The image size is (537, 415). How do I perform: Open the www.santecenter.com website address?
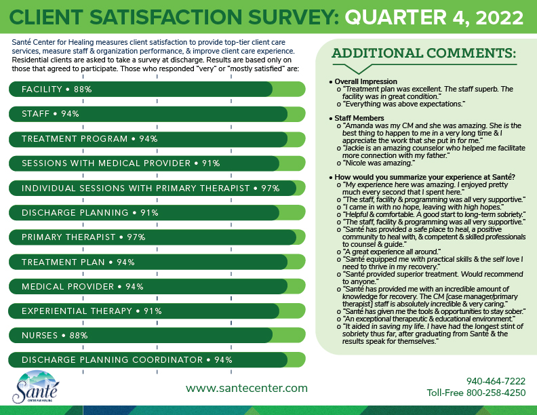246,389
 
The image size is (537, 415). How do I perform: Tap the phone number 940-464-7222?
496,381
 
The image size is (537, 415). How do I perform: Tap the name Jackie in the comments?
359,148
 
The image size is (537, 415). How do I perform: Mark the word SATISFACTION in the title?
161,15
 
